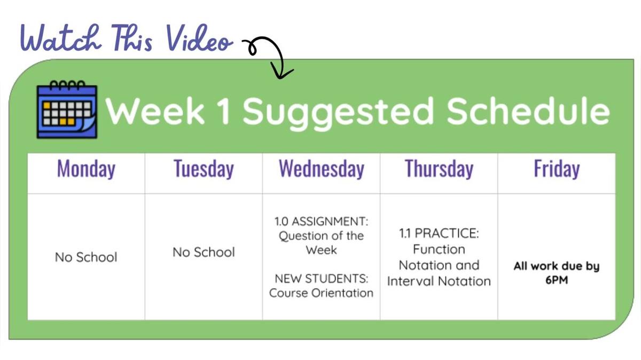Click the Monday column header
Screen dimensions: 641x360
point(86,169)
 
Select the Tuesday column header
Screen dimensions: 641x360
point(204,169)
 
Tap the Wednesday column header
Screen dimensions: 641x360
point(322,169)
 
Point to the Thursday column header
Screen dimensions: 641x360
point(439,169)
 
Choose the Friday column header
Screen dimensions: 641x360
point(557,169)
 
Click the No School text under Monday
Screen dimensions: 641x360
point(86,257)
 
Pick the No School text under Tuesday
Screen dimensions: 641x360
point(204,252)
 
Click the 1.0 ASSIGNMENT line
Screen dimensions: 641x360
point(322,221)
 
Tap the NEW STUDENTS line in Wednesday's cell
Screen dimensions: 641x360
point(322,278)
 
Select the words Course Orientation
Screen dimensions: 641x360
point(322,293)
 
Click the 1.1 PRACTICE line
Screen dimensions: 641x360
point(439,233)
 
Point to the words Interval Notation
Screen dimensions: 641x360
point(439,281)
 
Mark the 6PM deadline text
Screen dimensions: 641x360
point(557,280)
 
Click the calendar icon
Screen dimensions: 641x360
point(67,109)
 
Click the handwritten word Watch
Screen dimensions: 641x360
point(61,38)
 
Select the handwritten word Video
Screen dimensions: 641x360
point(199,38)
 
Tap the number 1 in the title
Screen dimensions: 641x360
point(224,111)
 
